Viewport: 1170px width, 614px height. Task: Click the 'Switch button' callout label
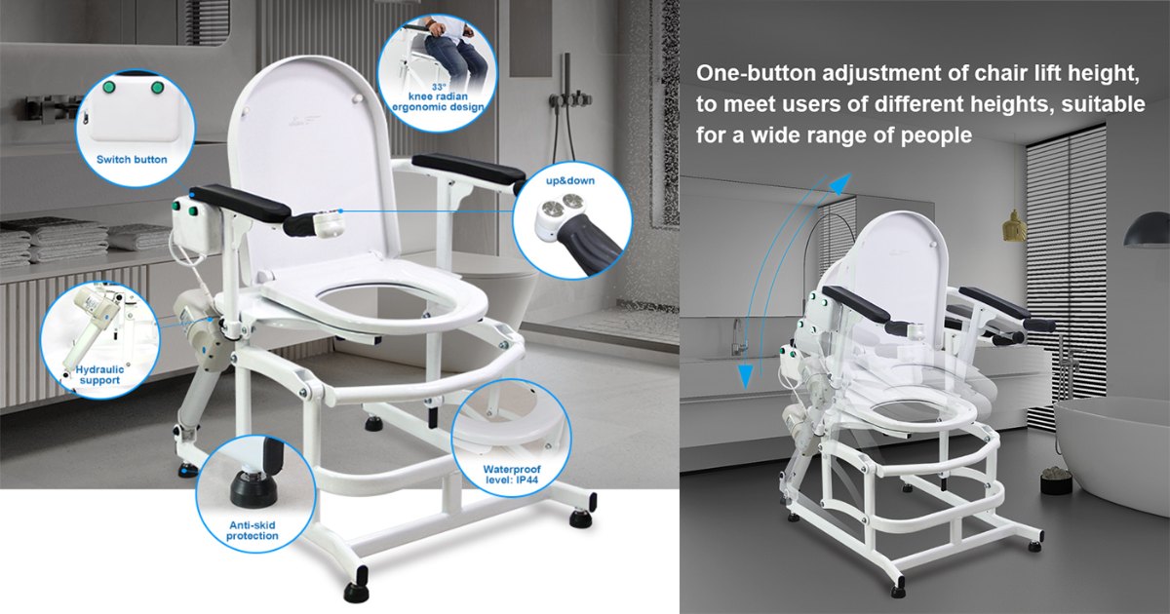(x=132, y=159)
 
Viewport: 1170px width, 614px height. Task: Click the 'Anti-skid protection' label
(x=253, y=530)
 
